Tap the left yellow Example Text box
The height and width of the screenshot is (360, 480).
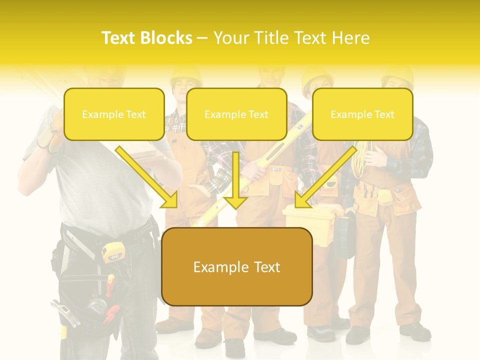click(x=114, y=114)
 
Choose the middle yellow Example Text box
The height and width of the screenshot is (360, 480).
click(x=236, y=114)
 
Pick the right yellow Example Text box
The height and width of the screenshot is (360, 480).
click(x=362, y=114)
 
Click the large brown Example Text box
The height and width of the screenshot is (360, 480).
click(x=236, y=267)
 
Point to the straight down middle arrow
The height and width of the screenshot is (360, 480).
click(x=236, y=180)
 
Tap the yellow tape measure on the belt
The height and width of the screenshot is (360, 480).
click(x=112, y=251)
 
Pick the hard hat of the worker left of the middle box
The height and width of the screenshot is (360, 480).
click(x=185, y=76)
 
